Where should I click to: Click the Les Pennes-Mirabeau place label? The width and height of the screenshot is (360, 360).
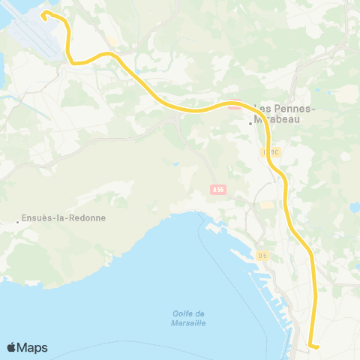tap(286, 112)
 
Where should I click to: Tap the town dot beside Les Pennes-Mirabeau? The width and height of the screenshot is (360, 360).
tap(250, 124)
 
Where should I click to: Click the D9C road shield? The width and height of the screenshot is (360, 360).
tap(271, 151)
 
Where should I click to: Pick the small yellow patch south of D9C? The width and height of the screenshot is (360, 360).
tap(267, 204)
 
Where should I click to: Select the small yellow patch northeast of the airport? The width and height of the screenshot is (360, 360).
tap(110, 40)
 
